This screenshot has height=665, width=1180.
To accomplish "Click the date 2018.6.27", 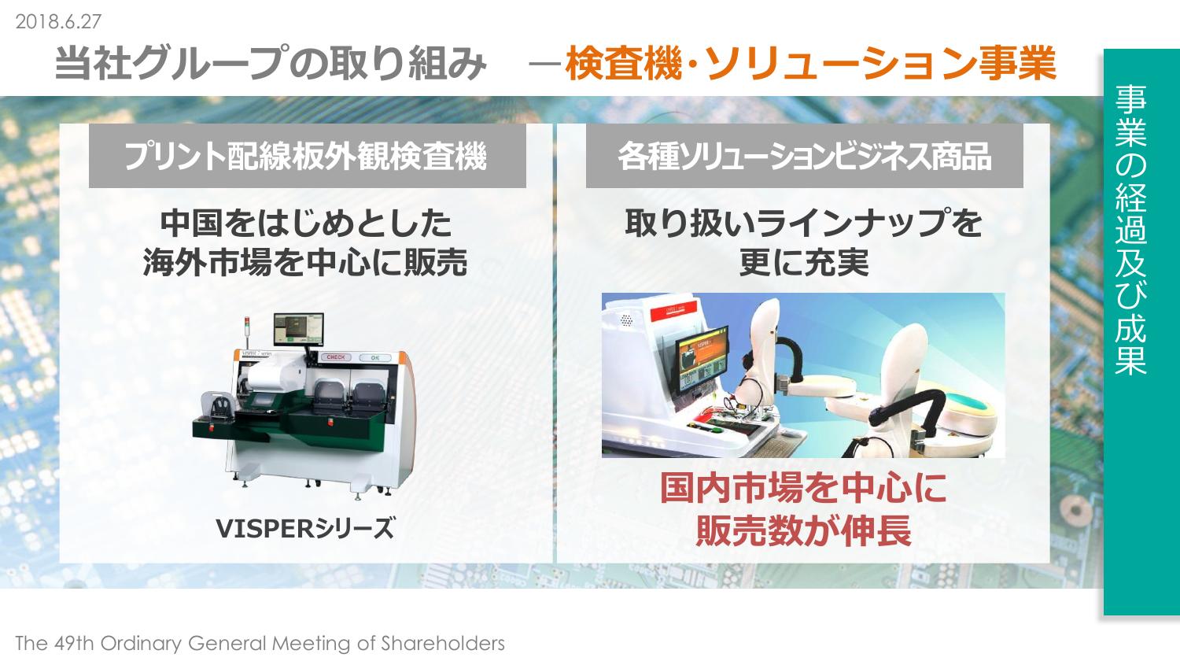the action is [x=58, y=21].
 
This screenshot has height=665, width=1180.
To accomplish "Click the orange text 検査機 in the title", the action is [x=624, y=63].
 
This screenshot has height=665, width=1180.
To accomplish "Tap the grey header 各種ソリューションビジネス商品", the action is [x=805, y=157].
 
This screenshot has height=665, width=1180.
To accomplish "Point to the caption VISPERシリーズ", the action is [x=305, y=529].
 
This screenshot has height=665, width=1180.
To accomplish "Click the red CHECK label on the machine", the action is [x=336, y=357].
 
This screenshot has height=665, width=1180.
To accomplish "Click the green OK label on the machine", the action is [x=374, y=358].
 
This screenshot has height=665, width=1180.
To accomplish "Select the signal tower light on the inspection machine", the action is [x=246, y=333].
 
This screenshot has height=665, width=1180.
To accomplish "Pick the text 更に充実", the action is [x=804, y=262].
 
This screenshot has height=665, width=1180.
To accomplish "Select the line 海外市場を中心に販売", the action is [x=305, y=262].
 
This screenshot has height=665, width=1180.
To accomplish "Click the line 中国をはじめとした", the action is [x=305, y=223].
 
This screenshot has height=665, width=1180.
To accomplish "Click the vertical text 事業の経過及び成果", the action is [x=1130, y=229].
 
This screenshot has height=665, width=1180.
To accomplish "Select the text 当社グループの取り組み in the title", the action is [x=271, y=63].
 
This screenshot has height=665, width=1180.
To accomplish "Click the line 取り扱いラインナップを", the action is [x=803, y=223].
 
